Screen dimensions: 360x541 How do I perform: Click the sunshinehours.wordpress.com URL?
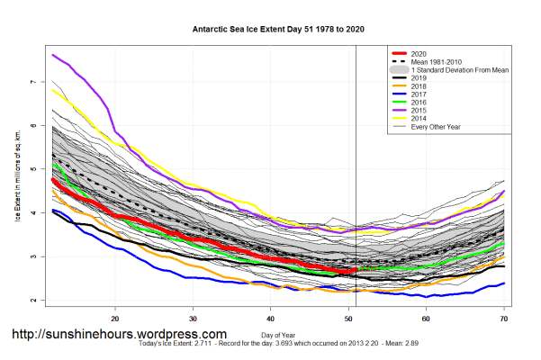click(x=119, y=334)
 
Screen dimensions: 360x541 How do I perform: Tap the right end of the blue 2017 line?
click(x=504, y=283)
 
